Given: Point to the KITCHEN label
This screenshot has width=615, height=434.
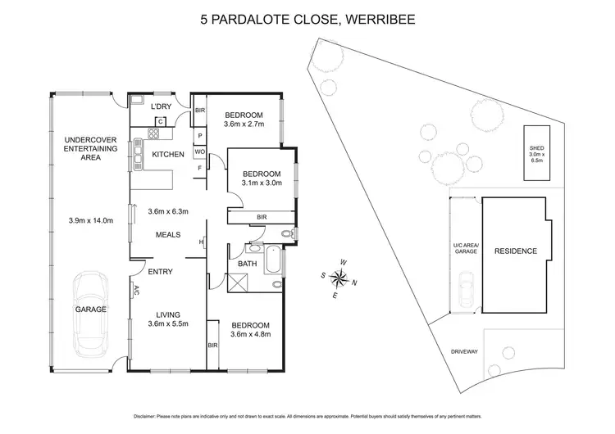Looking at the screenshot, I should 168,154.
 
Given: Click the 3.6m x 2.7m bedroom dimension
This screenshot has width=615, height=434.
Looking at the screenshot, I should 244,125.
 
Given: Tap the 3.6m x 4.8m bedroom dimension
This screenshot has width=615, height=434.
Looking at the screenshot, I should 250,334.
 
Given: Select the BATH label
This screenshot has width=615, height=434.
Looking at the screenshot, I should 247,264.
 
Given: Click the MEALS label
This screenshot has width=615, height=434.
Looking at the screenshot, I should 168,236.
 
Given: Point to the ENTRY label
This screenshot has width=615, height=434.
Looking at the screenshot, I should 160,272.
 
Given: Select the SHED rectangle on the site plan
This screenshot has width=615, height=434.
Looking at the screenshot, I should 536,153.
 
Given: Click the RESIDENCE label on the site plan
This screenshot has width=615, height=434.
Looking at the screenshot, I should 515,251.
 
